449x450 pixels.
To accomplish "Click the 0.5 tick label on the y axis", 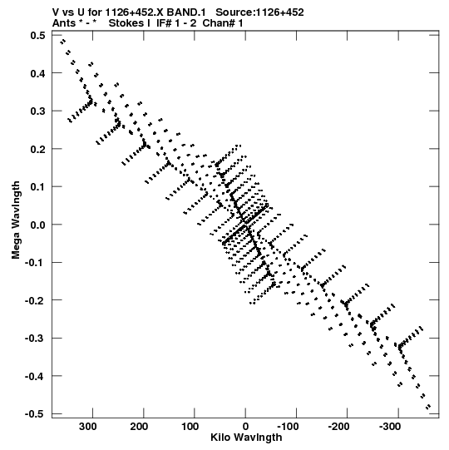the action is point(38,35).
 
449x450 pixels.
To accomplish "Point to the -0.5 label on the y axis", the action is point(35,414).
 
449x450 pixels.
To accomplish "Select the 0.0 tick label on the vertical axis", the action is point(38,225).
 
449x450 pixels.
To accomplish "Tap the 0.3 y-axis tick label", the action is point(38,111).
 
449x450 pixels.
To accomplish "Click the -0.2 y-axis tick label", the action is point(35,300).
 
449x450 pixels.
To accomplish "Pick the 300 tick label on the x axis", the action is point(88,427).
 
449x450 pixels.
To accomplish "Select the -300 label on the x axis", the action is point(390,427).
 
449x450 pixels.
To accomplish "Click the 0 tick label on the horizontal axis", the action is point(245,427).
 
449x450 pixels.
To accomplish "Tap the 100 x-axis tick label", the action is point(190,427).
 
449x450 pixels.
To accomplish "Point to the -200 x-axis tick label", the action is point(339,427).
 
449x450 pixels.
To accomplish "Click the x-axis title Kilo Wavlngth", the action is point(246,438).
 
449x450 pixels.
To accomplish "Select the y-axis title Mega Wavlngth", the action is point(16,220).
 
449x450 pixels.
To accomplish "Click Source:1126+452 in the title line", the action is point(259,12).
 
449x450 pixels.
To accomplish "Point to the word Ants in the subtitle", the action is point(64,23).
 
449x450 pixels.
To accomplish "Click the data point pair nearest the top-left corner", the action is point(63,42).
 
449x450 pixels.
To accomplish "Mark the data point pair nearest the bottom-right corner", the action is point(428,407).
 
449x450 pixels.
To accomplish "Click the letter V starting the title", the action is point(56,12).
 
